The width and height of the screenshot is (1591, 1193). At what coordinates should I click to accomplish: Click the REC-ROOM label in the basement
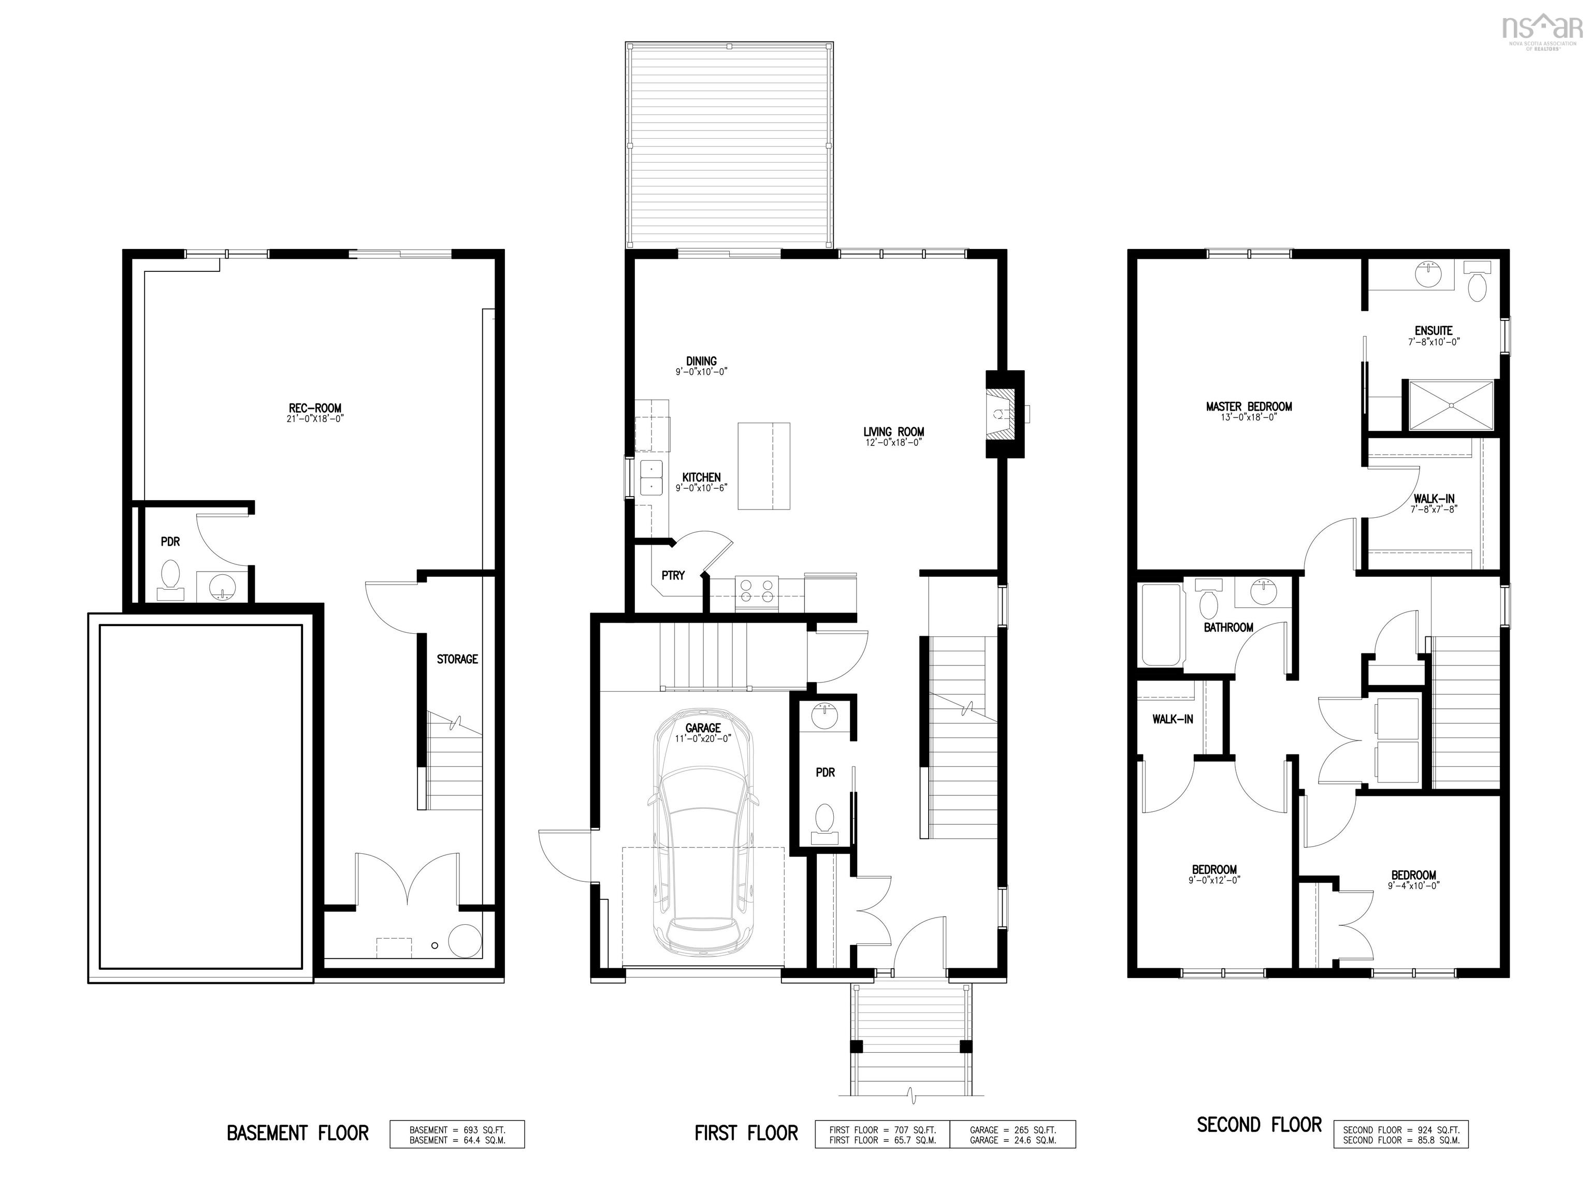point(315,408)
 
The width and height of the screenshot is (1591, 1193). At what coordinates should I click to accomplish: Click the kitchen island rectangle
point(763,466)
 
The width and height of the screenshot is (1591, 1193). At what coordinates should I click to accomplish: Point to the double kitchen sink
point(651,477)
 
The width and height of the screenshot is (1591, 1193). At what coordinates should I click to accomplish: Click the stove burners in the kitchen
point(757,590)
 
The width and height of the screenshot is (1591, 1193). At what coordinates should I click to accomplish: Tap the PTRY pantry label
point(673,575)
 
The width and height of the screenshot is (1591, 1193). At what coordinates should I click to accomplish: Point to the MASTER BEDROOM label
point(1249,406)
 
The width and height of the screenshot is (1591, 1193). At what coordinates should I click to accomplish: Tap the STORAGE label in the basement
point(457,659)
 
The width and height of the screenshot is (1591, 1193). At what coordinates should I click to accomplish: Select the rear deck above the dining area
point(729,146)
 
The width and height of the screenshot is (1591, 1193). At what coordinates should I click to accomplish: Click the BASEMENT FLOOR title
point(298,1133)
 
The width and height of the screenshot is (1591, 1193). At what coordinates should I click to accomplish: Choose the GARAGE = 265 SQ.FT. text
point(1012,1130)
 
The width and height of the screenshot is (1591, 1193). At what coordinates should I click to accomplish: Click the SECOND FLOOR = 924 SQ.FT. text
point(1400,1130)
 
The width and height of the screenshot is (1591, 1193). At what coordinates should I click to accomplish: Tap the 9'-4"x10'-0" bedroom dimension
point(1413,886)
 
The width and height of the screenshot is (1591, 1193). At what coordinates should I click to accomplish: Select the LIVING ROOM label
point(893,431)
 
